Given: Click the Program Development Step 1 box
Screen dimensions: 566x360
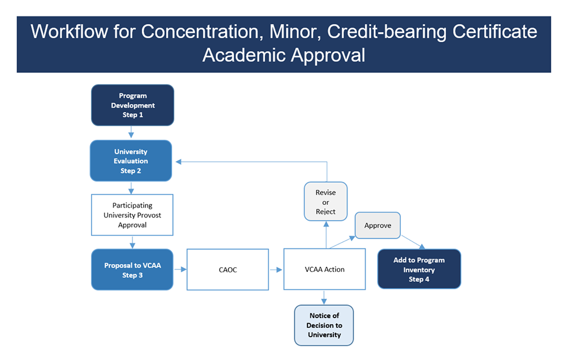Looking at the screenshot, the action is (x=132, y=105).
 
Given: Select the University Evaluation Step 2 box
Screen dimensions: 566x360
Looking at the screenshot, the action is (x=131, y=161).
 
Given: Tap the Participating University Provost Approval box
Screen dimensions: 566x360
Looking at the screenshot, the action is (x=132, y=215).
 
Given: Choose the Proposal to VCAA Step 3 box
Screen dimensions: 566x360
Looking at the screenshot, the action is (x=132, y=270).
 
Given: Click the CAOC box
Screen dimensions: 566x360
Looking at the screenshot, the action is (x=228, y=269).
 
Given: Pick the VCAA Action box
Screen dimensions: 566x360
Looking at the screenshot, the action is (x=324, y=269).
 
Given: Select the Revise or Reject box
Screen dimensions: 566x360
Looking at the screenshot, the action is (x=325, y=202).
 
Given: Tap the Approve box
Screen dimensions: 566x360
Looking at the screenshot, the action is (x=378, y=225).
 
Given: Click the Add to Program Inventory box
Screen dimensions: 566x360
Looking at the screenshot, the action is (x=419, y=269).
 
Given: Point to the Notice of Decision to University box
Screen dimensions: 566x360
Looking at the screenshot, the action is (x=324, y=325).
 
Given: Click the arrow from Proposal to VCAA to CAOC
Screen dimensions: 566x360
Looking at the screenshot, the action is (x=180, y=269).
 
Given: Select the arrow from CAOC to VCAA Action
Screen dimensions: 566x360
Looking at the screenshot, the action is (x=276, y=270).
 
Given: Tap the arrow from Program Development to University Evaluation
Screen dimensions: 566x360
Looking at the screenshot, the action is (x=131, y=132).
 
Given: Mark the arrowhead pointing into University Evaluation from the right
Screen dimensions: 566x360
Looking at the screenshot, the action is (x=178, y=162).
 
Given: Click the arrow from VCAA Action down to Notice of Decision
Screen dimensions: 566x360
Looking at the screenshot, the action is (x=324, y=297).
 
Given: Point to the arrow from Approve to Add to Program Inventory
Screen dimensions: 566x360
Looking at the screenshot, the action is (x=413, y=242).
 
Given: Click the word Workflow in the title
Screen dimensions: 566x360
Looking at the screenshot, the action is (x=69, y=31).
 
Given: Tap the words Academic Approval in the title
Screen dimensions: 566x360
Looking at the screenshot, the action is (x=284, y=55).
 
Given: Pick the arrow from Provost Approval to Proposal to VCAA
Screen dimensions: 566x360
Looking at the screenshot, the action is (x=132, y=242).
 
